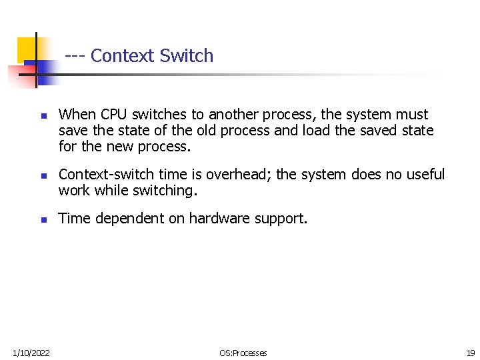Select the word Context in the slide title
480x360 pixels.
pos(123,56)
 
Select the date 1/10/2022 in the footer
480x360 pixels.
pos(31,353)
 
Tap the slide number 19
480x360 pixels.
pos(470,353)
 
